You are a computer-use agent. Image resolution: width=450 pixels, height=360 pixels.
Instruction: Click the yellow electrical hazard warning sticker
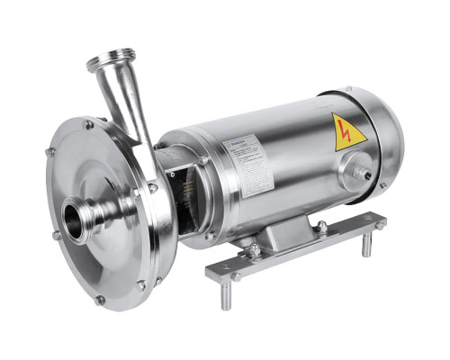click(x=349, y=131)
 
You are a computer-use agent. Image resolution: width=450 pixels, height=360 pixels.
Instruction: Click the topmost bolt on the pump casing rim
click(x=88, y=125)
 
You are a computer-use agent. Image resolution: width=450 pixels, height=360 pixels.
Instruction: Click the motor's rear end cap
click(x=383, y=144)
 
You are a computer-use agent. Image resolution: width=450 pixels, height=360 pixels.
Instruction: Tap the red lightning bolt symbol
click(x=349, y=133)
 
